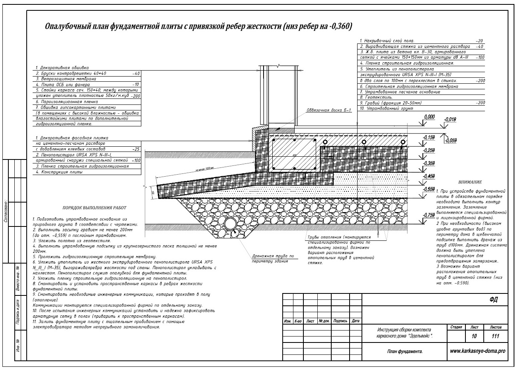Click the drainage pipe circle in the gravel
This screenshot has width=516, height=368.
[231, 223]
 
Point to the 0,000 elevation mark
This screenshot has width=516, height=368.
[429, 116]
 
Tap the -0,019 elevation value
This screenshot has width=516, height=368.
[450, 120]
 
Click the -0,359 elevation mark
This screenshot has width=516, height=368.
[429, 163]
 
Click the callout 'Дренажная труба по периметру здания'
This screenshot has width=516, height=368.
[270, 258]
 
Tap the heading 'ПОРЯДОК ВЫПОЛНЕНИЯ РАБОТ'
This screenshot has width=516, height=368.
[94, 208]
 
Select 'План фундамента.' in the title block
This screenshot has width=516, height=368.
[404, 352]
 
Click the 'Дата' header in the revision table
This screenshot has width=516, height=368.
[356, 321]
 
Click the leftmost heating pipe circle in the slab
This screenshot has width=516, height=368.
[325, 142]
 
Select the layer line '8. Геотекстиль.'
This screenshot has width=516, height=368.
[376, 97]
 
